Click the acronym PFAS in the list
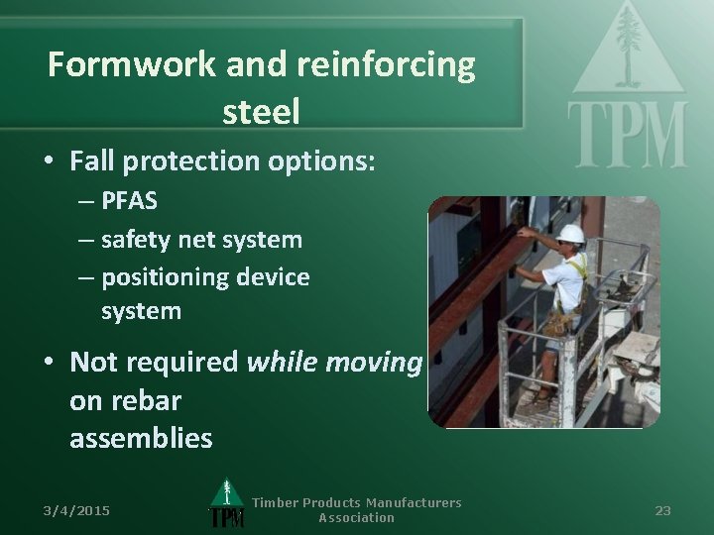point(129,201)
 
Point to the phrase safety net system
point(202,239)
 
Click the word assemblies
point(141,438)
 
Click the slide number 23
point(663,510)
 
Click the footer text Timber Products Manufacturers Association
point(356,509)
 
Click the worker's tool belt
point(562,322)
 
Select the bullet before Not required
point(48,364)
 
